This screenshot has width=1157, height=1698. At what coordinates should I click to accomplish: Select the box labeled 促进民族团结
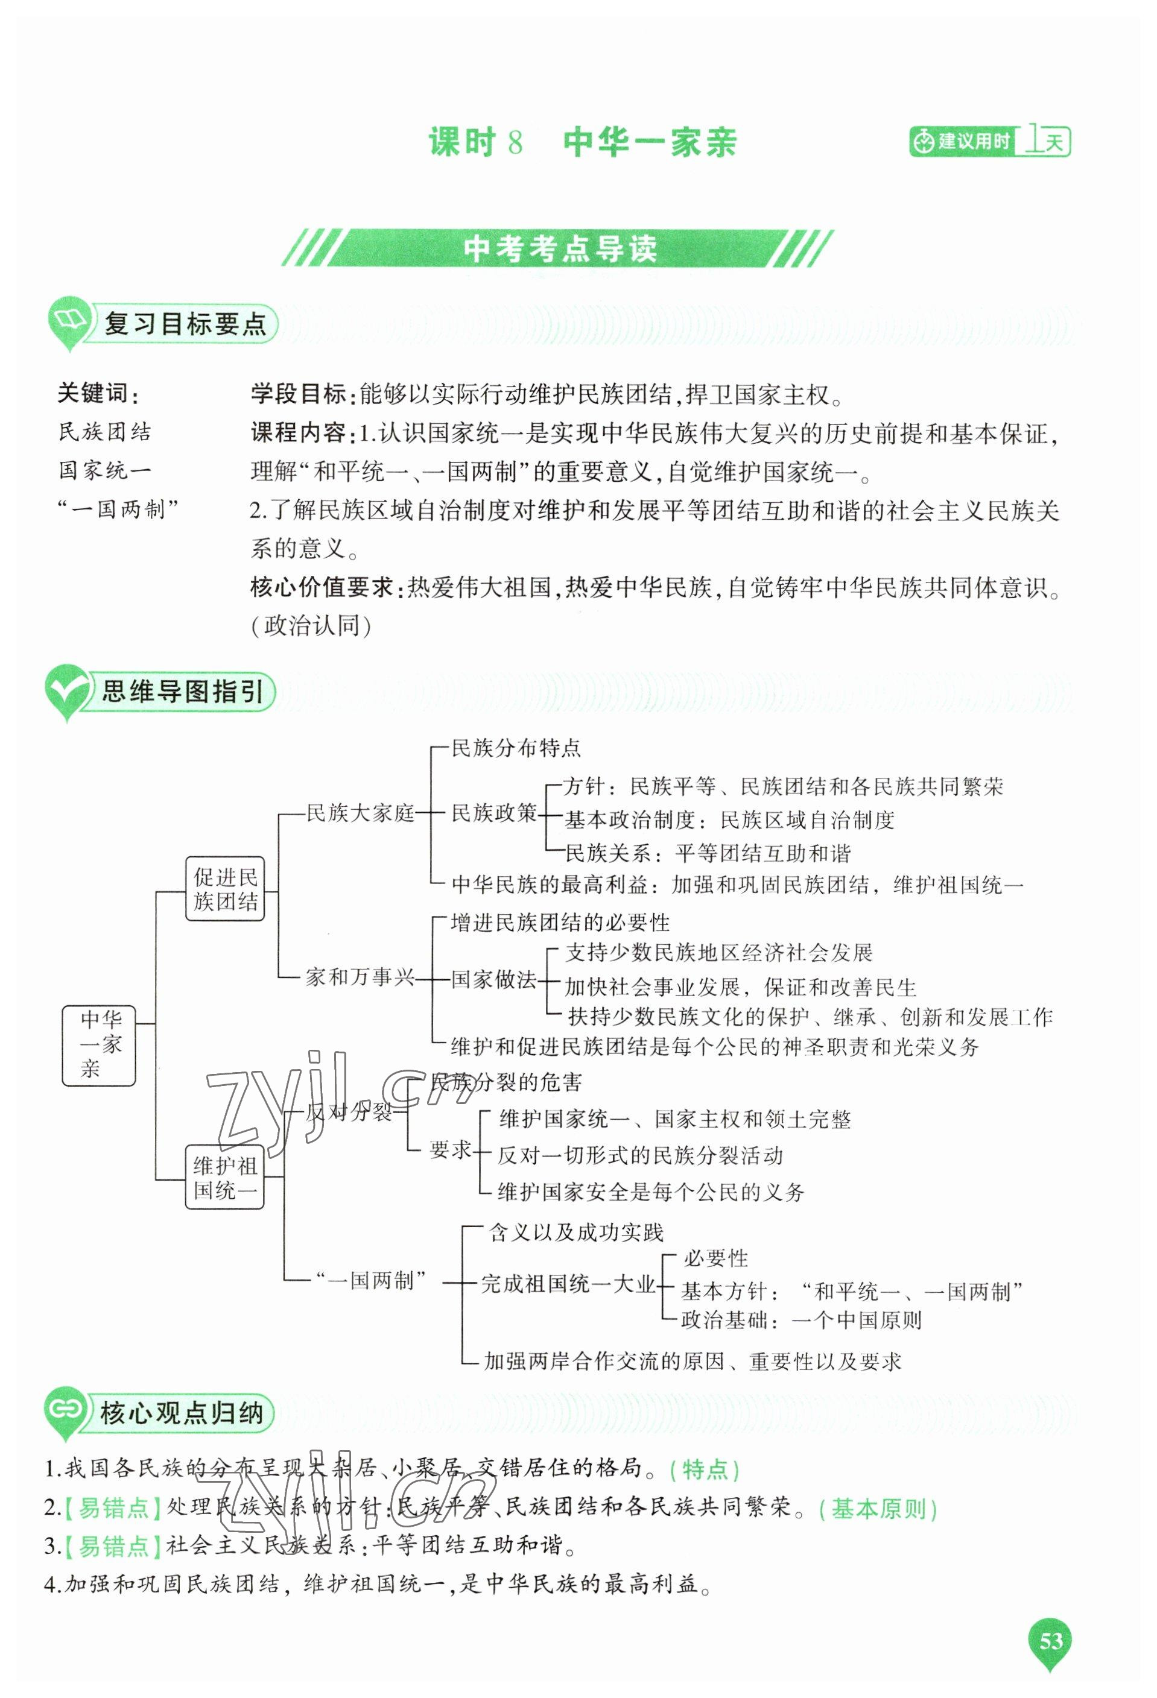[224, 888]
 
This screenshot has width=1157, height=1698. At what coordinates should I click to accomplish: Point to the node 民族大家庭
[360, 812]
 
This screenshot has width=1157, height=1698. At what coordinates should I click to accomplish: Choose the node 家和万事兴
[360, 977]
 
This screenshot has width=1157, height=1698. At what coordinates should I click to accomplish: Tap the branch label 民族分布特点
[516, 748]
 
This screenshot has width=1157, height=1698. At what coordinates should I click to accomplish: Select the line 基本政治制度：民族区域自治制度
[729, 820]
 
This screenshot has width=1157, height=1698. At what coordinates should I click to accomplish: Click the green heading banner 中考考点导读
[559, 248]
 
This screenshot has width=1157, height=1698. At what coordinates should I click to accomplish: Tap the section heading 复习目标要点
[184, 324]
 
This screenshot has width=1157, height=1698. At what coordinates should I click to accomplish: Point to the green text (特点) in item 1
[704, 1469]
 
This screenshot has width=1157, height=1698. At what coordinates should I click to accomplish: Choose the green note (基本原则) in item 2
[877, 1508]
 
